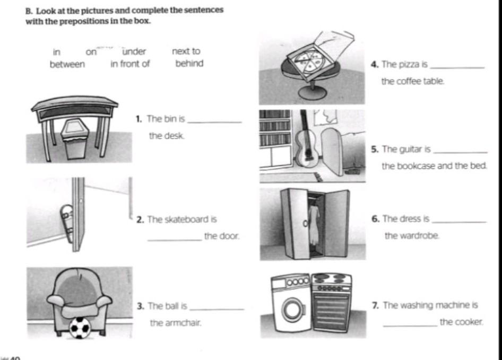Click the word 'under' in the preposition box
(x=134, y=51)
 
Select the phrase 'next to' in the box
(x=186, y=51)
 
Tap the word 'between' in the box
(x=67, y=65)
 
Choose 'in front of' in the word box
(x=130, y=65)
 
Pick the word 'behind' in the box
(x=189, y=65)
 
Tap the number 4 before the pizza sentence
(x=375, y=65)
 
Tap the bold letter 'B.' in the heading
(x=30, y=10)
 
